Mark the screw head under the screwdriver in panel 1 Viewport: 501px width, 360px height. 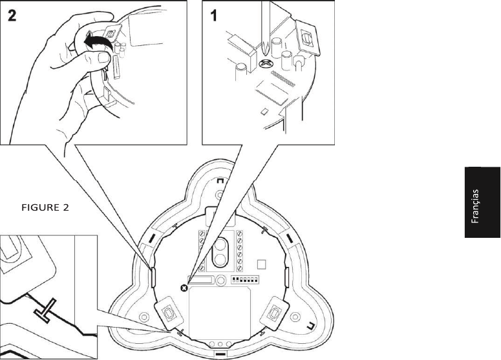click(x=264, y=63)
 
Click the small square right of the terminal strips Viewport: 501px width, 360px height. click(x=261, y=264)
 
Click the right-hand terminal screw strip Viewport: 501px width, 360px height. click(x=240, y=249)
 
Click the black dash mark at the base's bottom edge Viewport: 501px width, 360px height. click(x=220, y=354)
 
